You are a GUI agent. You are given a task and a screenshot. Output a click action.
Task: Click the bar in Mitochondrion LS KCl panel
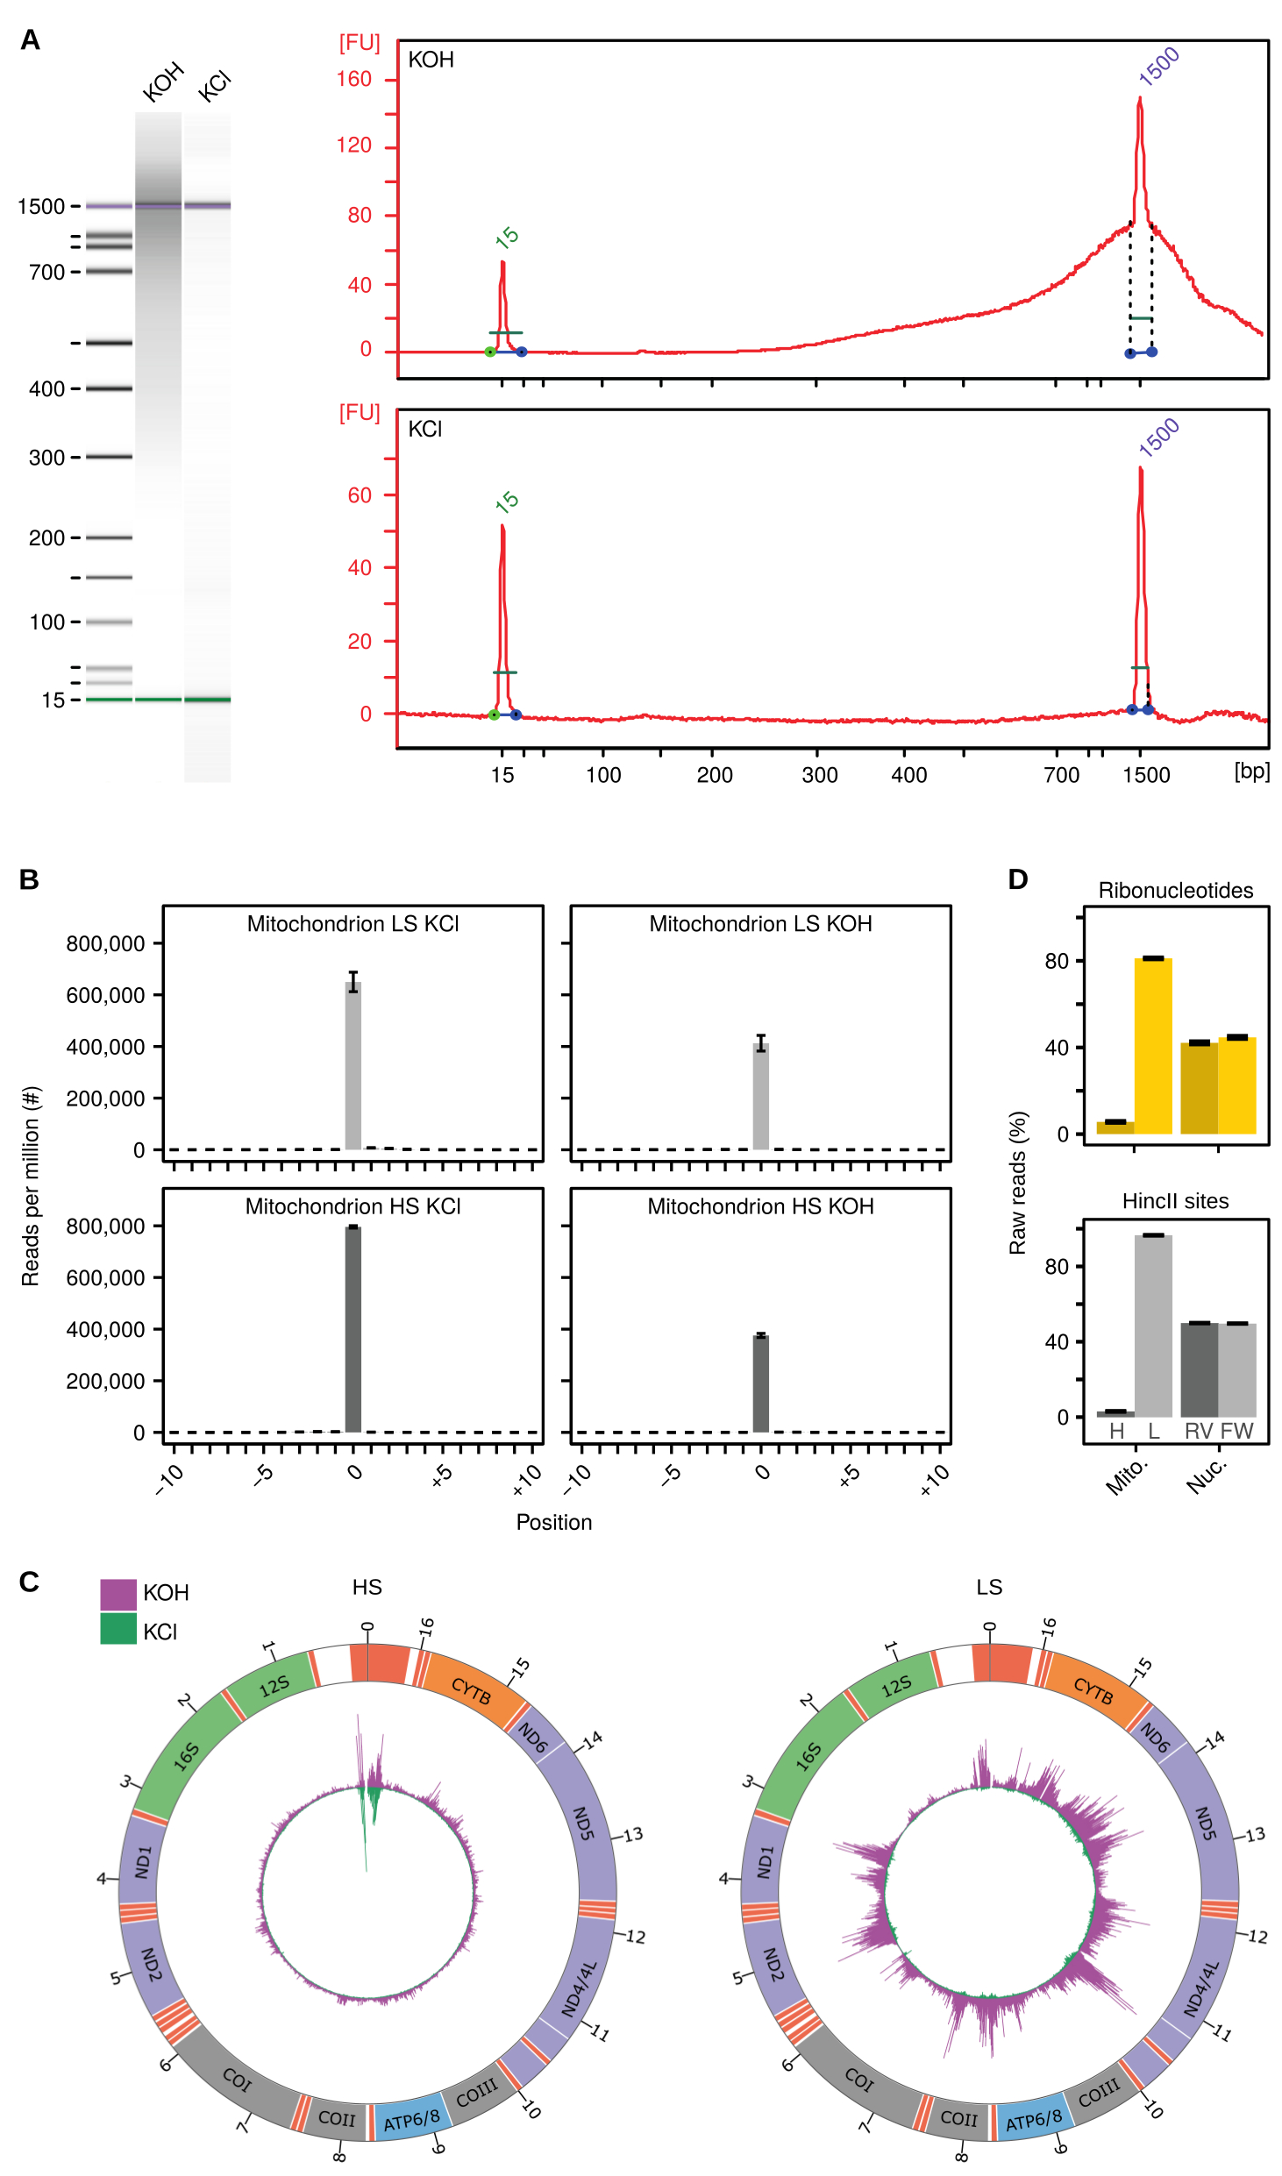pos(353,1064)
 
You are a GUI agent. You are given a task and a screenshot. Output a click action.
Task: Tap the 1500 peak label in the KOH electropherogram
pos(1158,67)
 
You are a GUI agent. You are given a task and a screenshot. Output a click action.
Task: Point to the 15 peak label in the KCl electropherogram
pos(507,501)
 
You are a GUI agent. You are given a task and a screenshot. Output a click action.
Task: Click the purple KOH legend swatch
pos(118,1594)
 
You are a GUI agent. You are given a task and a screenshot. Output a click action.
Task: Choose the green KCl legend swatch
pos(118,1629)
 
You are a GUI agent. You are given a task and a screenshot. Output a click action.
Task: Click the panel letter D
pos(1017,879)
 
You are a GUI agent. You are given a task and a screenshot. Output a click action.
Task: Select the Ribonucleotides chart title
pos(1175,891)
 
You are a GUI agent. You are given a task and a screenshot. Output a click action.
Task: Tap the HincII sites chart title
pos(1175,1201)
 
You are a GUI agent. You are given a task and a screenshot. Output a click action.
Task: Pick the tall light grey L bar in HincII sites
pos(1153,1326)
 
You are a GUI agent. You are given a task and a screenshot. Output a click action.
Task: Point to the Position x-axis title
pos(553,1523)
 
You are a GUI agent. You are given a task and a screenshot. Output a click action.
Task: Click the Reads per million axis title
pos(31,1186)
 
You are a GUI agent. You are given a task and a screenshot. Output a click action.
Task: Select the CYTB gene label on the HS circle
pos(471,1691)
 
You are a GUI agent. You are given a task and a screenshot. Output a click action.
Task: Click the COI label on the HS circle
pos(237,2080)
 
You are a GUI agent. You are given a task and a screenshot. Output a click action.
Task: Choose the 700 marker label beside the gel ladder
pos(46,273)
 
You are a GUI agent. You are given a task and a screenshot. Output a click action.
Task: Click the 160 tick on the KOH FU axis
pos(354,80)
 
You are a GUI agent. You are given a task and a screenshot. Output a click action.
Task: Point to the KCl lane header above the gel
pos(214,87)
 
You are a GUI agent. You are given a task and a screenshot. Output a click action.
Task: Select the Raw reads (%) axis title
pos(1017,1183)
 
